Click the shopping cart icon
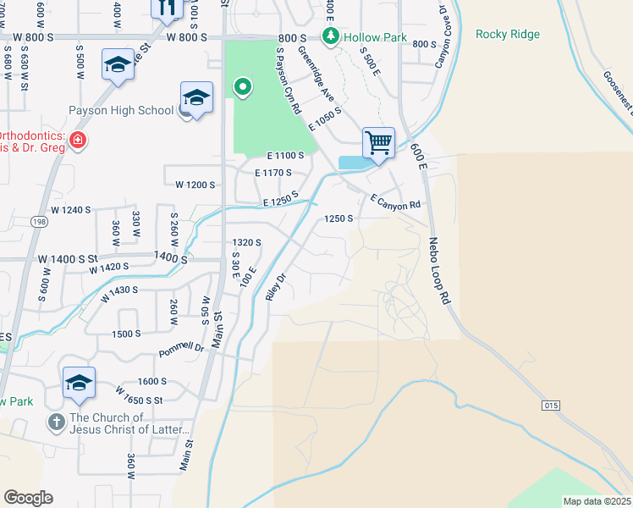click(x=378, y=142)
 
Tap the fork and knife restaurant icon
click(x=166, y=7)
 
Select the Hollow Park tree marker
click(x=330, y=36)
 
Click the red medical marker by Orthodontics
click(x=77, y=139)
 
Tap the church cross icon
click(x=56, y=422)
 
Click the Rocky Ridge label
click(x=508, y=35)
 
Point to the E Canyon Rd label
click(x=395, y=202)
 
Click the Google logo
click(x=28, y=498)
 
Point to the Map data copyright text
click(x=597, y=501)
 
